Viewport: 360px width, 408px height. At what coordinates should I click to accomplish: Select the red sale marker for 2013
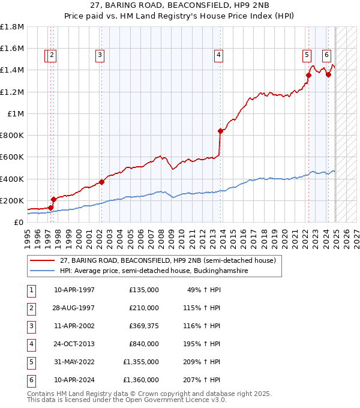(x=221, y=131)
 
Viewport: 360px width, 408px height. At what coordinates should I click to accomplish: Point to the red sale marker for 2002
(x=101, y=182)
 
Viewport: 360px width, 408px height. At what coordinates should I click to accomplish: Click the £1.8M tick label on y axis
(x=12, y=27)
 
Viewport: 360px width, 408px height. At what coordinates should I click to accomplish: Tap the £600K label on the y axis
(x=12, y=157)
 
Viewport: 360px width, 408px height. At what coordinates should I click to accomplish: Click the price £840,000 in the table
(x=144, y=344)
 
